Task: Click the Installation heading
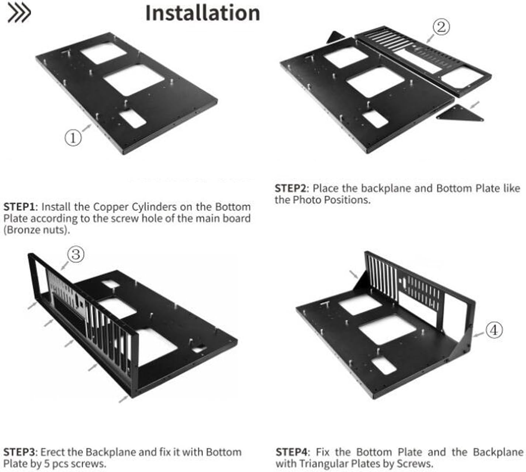[x=203, y=13]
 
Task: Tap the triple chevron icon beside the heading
[x=19, y=14]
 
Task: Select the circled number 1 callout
[x=73, y=138]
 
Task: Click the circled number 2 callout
[x=441, y=27]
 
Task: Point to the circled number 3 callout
[x=76, y=254]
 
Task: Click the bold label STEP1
[x=21, y=206]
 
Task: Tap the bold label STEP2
[x=292, y=188]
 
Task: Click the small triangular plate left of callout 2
[x=336, y=37]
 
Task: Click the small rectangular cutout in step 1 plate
[x=131, y=119]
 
